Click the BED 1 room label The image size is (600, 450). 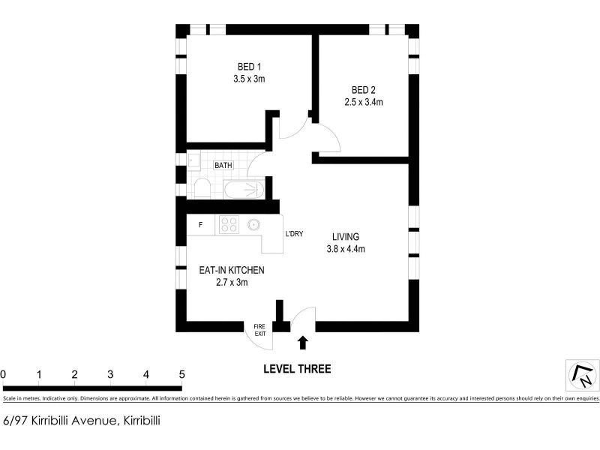pos(249,67)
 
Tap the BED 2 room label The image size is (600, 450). pos(364,90)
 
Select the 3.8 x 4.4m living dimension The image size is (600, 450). pos(346,249)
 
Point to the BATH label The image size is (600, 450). pos(223,165)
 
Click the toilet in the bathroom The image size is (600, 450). pos(202,188)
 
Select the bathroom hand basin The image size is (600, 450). pos(193,160)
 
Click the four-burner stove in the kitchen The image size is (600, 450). pos(229,224)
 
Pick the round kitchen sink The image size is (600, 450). pos(253,224)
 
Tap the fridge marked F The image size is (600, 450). pos(200,225)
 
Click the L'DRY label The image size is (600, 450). pos(294,234)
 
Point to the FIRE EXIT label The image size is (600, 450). pos(259,330)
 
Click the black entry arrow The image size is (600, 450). pos(303,343)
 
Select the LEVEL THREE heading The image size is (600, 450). pos(297,369)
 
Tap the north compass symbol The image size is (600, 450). pos(583,375)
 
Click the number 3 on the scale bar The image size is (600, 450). pos(110,374)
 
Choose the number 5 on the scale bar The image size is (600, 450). pos(181,374)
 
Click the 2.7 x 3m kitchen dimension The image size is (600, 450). pos(232,283)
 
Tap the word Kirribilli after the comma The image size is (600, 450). pos(142,421)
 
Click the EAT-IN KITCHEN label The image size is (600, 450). pos(232,271)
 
